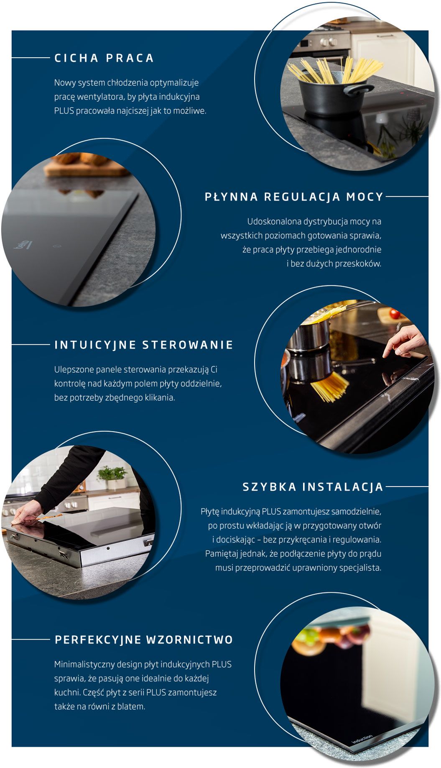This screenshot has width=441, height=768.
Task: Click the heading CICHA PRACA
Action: [104, 58]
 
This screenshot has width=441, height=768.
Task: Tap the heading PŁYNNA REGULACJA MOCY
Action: [294, 197]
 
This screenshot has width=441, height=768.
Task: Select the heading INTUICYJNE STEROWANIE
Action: [144, 345]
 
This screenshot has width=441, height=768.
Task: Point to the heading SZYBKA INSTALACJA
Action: [313, 487]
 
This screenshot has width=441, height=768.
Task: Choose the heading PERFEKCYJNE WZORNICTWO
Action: [144, 640]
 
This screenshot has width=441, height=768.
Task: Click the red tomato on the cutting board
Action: [395, 313]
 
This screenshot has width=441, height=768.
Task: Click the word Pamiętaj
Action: [222, 554]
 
